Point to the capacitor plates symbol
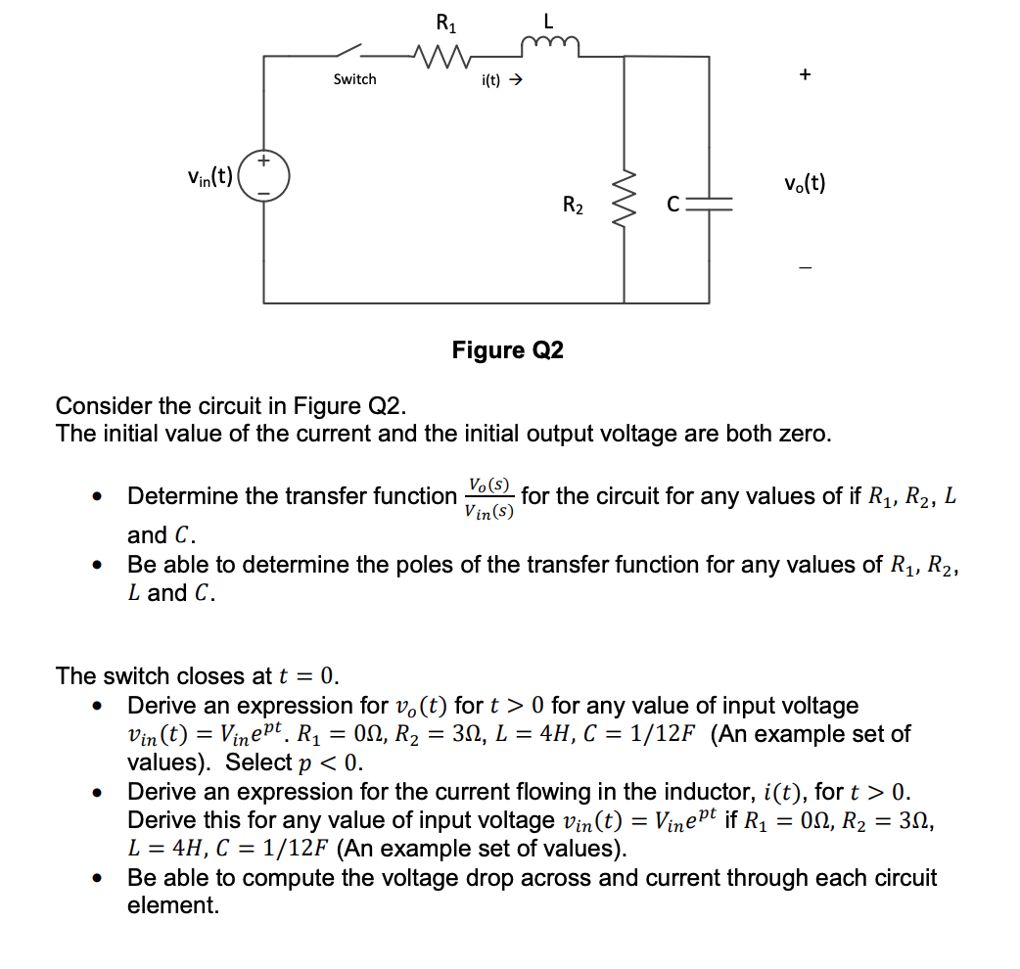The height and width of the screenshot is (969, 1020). tap(709, 206)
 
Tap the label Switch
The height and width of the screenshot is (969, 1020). tap(354, 79)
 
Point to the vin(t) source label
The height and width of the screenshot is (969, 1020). tap(210, 177)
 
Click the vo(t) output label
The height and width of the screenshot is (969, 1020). tap(804, 183)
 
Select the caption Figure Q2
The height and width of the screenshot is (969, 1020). tap(507, 350)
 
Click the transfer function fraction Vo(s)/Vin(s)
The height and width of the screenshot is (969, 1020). tap(488, 496)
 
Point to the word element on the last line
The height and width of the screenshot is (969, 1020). tap(172, 905)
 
